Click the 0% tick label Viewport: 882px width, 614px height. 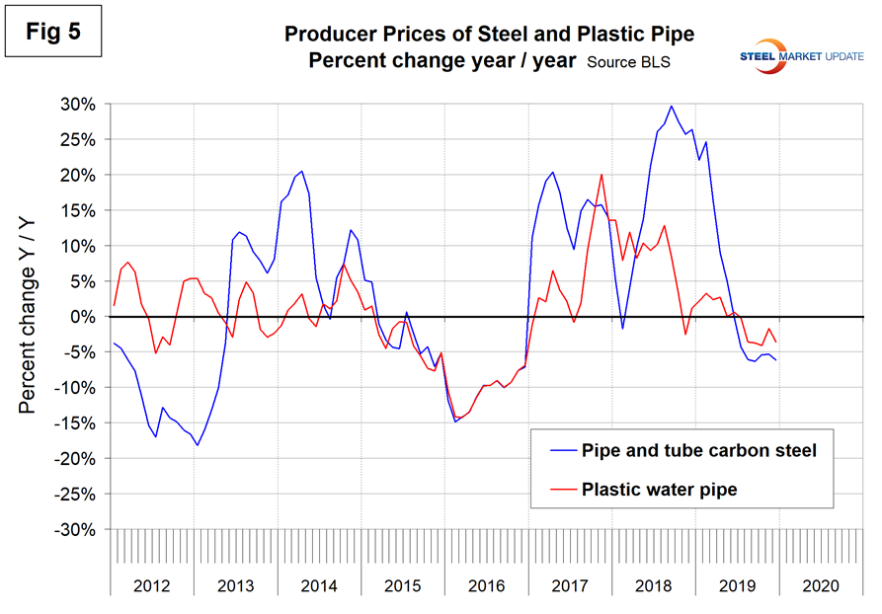[85, 317]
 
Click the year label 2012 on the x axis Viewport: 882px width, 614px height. [151, 585]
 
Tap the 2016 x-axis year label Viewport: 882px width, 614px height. [484, 585]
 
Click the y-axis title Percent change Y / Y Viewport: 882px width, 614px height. [31, 315]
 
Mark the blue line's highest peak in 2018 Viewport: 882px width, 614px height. [672, 106]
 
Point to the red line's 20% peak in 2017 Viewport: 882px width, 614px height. [601, 175]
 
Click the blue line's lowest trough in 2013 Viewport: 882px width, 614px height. [198, 445]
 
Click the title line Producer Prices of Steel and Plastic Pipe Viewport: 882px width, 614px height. [489, 35]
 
